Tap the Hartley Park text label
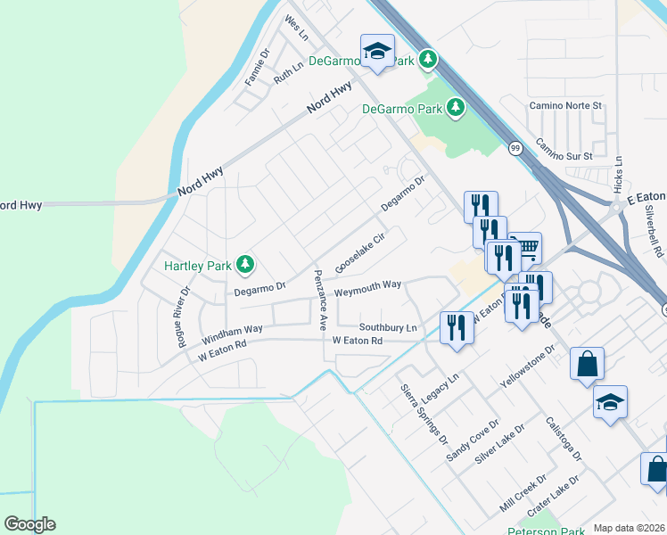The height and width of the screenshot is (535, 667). coord(198,266)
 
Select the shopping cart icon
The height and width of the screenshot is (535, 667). coord(526,247)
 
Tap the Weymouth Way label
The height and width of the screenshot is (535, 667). coord(367,286)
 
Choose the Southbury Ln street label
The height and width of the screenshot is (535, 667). coord(388,327)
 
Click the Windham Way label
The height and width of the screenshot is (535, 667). coord(232,334)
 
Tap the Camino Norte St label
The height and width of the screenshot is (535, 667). coord(566,105)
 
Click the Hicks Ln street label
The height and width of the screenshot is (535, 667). coord(619,174)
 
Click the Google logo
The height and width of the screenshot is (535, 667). coord(29,524)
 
